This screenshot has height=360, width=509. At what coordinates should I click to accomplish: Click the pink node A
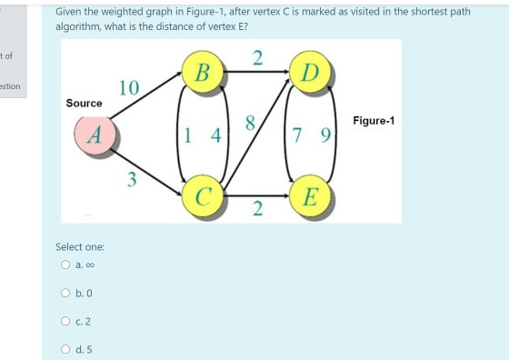coord(94,135)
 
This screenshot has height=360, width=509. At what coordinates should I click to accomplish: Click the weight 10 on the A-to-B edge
coord(129,88)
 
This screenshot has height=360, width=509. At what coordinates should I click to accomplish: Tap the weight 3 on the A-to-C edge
coord(131,179)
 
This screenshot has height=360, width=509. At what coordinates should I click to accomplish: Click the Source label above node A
coord(84,103)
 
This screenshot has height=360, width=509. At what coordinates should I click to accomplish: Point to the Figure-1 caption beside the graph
coord(373,121)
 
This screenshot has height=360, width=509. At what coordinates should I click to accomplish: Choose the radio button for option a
coord(65,265)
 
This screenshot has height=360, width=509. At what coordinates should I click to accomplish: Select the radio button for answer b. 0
coord(65,293)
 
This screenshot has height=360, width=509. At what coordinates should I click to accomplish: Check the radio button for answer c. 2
coord(65,320)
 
